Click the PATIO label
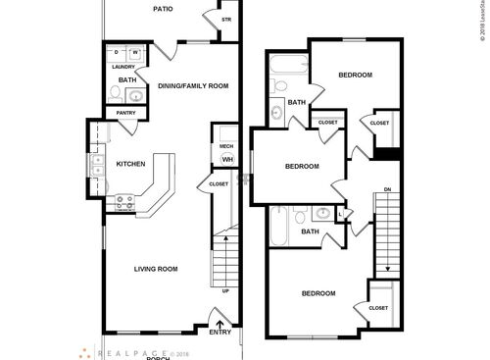click(x=163, y=9)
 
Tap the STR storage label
click(x=226, y=20)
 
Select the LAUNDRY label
click(x=122, y=67)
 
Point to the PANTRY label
click(x=125, y=113)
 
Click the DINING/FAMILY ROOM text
click(x=193, y=86)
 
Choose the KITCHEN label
click(x=131, y=164)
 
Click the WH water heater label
click(x=226, y=159)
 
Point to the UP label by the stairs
click(x=226, y=290)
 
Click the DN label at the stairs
click(x=387, y=188)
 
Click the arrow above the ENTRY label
click(x=220, y=319)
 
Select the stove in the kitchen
click(x=125, y=203)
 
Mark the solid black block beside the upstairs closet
click(x=389, y=152)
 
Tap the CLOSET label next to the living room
click(x=219, y=184)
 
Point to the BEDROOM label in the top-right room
click(x=355, y=76)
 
